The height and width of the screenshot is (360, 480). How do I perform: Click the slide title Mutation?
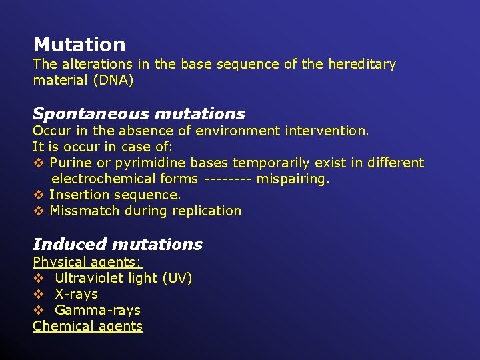(x=79, y=45)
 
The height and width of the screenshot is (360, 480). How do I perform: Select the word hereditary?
(x=362, y=65)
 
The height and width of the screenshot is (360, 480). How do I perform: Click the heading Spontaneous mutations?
(x=139, y=114)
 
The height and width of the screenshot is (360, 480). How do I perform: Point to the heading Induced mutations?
(x=117, y=244)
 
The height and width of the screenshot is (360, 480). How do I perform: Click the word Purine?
(x=71, y=163)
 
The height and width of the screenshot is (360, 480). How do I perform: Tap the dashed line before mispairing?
(x=227, y=179)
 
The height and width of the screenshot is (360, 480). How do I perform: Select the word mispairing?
(x=293, y=179)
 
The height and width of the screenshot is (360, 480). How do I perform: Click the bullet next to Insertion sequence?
(x=38, y=195)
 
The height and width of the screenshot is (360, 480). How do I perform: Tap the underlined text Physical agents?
(x=87, y=262)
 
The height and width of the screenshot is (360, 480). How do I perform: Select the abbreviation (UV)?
(x=177, y=278)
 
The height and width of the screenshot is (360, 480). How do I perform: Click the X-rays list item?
(x=76, y=294)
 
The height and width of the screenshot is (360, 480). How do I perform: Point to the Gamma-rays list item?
(x=97, y=310)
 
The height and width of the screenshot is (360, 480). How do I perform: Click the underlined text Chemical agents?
(x=87, y=326)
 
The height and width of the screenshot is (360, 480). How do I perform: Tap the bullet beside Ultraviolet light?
(x=38, y=278)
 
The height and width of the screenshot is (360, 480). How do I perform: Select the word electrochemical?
(x=102, y=179)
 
